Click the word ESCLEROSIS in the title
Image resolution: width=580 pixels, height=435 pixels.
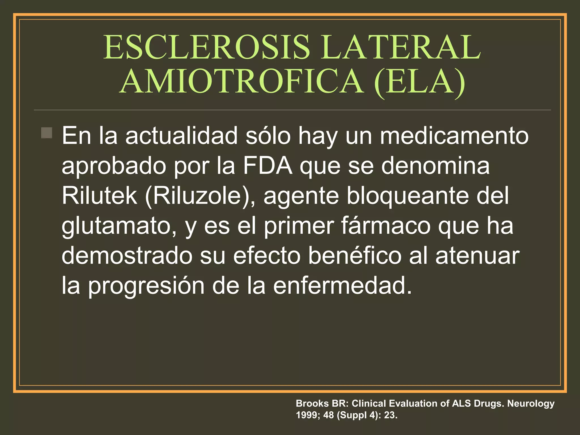[207, 47]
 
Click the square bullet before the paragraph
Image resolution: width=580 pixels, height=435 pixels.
[47, 133]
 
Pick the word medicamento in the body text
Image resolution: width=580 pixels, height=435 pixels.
[454, 136]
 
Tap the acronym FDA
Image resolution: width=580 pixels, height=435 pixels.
[268, 166]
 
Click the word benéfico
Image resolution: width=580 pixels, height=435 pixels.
[355, 256]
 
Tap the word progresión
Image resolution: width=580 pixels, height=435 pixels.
[146, 286]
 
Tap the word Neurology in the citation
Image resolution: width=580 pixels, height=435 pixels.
[530, 404]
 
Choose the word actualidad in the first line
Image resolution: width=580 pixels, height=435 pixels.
[182, 136]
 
